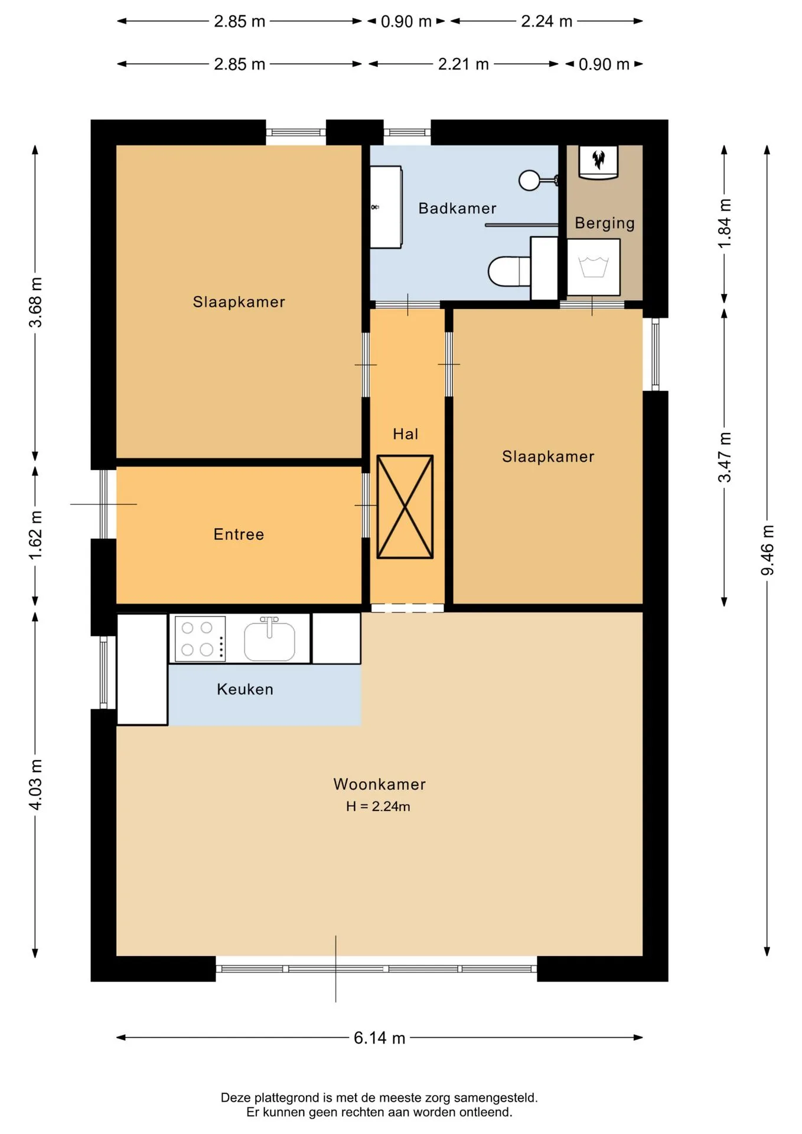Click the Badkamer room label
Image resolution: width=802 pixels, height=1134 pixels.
coord(457,208)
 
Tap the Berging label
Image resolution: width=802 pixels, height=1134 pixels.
coord(605,223)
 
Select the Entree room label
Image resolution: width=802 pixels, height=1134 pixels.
coord(239,534)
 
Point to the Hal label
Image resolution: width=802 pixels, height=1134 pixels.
coord(405,434)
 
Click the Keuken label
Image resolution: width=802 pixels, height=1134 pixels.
coord(245,689)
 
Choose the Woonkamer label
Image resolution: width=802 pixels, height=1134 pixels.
coord(379,784)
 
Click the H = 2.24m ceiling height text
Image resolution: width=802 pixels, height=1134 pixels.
coord(378,806)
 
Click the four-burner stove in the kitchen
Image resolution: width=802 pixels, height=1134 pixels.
coord(200,638)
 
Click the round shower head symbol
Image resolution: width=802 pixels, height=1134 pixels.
coord(529,180)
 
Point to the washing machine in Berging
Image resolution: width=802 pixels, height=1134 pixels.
coord(593,267)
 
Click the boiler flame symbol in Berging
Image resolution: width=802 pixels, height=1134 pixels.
coord(598,158)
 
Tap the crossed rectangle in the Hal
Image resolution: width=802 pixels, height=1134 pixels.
coord(405,507)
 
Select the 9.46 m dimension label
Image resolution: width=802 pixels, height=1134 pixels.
coord(767,549)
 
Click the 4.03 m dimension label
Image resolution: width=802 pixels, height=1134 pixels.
coord(35,785)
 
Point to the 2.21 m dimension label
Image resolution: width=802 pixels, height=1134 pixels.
coord(463,64)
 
